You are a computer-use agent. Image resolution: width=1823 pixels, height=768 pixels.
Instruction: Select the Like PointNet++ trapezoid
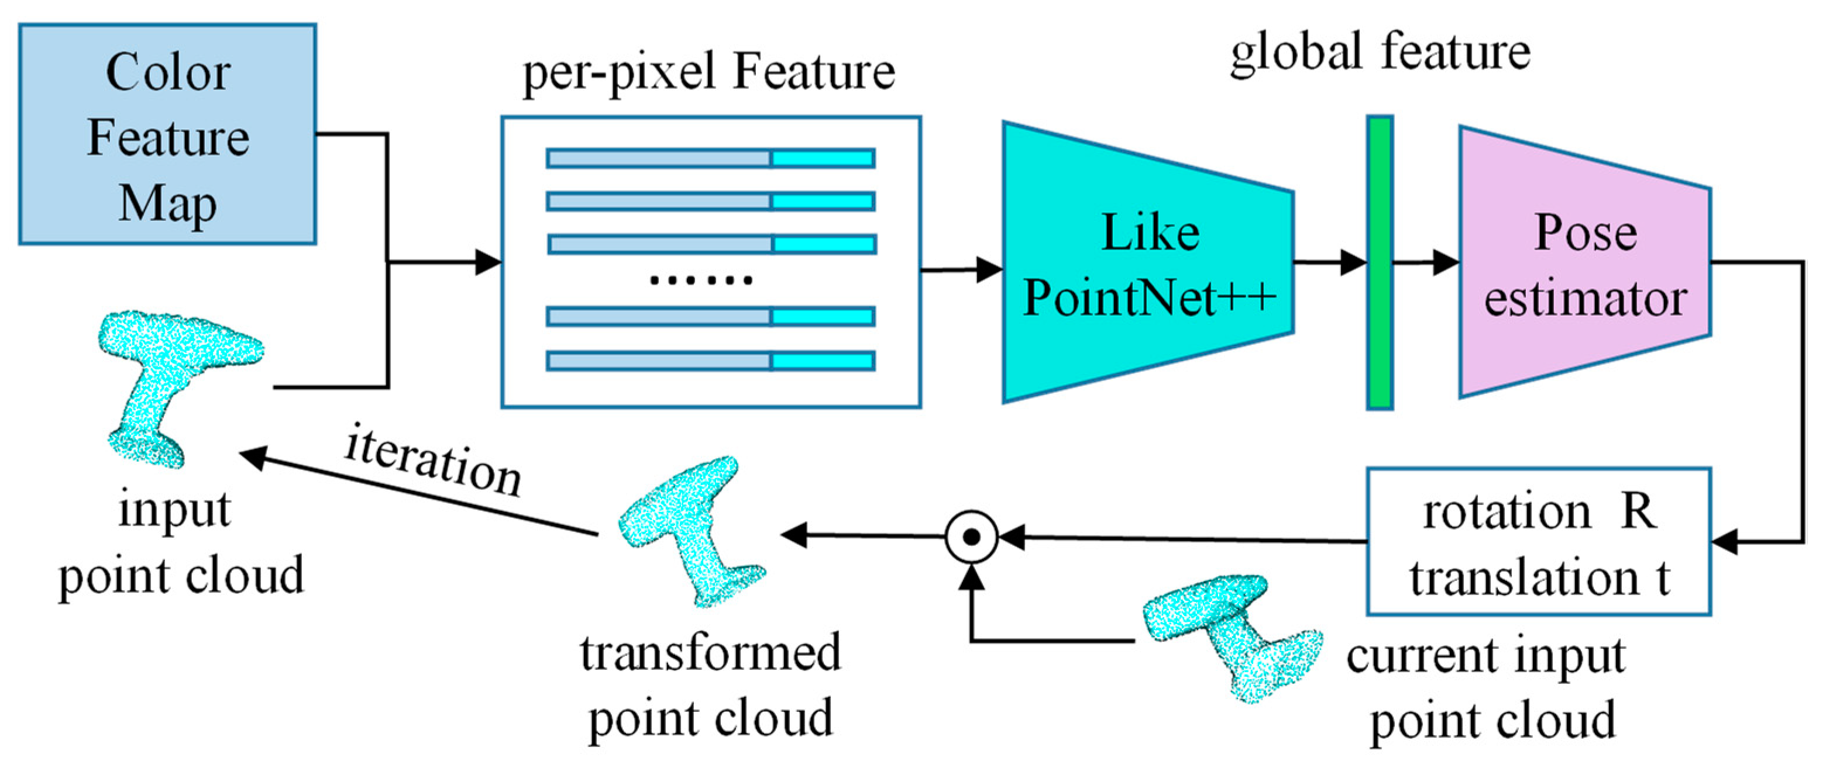1148,263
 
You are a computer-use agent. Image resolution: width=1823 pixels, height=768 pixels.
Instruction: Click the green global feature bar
1380,263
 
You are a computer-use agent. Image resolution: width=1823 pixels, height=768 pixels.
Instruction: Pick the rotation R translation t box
1539,542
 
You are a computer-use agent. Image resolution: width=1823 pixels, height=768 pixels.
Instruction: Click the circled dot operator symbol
972,537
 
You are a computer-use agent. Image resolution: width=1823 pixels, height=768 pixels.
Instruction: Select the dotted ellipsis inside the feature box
701,280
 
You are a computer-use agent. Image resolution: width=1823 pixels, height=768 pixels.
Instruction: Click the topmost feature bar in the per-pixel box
710,158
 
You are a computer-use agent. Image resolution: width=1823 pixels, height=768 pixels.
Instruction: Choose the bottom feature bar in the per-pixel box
710,361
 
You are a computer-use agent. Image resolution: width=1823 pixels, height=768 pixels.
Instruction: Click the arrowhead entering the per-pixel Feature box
489,262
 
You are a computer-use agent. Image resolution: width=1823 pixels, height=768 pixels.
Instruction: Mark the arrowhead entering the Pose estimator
1446,262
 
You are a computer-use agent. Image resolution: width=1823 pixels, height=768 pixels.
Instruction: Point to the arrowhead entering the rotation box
1725,542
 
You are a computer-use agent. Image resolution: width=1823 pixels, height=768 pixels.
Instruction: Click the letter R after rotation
1638,511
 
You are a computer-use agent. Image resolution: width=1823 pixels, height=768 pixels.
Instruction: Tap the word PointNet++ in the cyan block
1149,297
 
